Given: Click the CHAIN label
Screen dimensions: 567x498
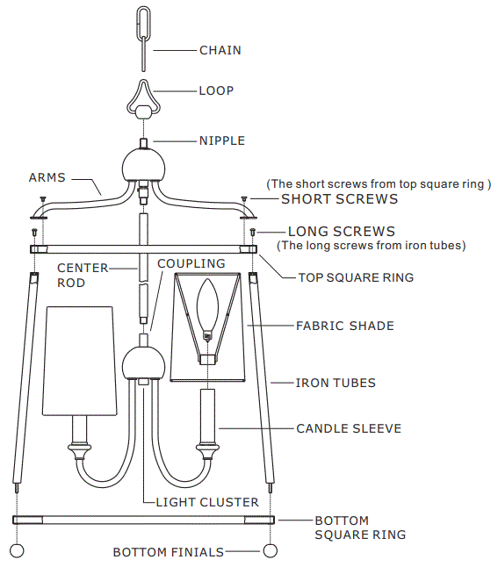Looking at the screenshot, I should coord(220,50).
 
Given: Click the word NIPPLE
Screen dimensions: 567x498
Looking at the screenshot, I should coord(221,140).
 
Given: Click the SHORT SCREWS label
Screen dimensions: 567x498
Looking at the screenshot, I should coord(339,199).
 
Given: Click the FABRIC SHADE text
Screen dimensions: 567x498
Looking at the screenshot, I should coord(344,326).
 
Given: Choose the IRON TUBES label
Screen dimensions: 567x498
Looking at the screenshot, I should coord(336,383).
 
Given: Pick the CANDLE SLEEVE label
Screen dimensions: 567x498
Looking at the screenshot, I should coord(348,428).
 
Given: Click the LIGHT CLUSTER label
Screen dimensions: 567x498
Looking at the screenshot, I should coord(207,502).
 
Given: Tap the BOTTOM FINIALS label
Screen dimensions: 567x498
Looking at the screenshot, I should coord(168,552).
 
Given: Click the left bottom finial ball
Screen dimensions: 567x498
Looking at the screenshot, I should coord(17,551).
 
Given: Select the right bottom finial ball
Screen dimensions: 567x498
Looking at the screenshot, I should coord(271,551).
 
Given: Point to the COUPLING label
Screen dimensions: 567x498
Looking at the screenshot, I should coord(191,263).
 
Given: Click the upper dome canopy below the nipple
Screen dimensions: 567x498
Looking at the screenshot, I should coord(143,163).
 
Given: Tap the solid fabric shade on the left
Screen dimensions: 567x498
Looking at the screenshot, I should coord(80,360).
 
